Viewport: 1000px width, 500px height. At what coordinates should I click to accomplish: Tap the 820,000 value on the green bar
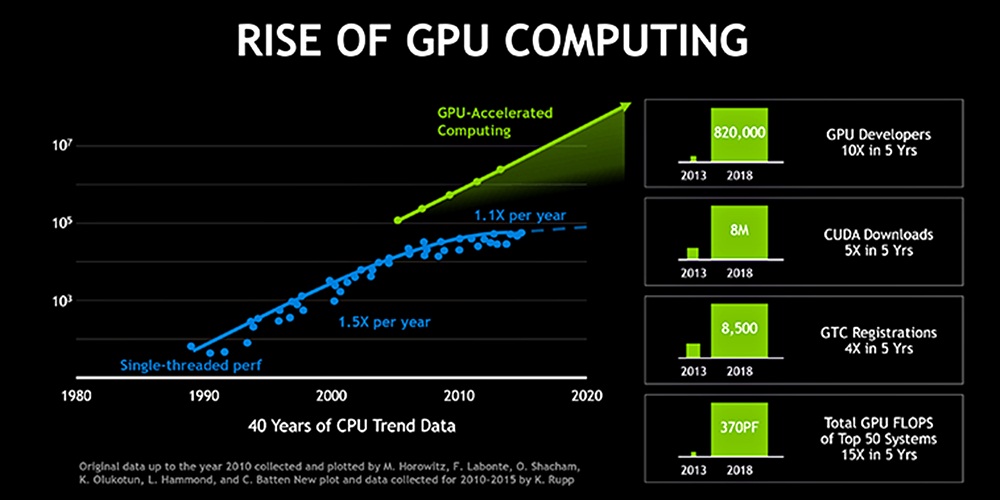click(x=739, y=131)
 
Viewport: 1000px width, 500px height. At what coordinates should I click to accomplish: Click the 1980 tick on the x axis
click(x=75, y=393)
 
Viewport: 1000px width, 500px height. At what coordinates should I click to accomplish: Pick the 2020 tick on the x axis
click(x=586, y=393)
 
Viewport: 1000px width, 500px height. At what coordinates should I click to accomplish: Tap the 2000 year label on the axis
click(x=331, y=393)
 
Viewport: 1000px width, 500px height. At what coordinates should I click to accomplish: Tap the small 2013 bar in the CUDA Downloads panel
click(x=693, y=251)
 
